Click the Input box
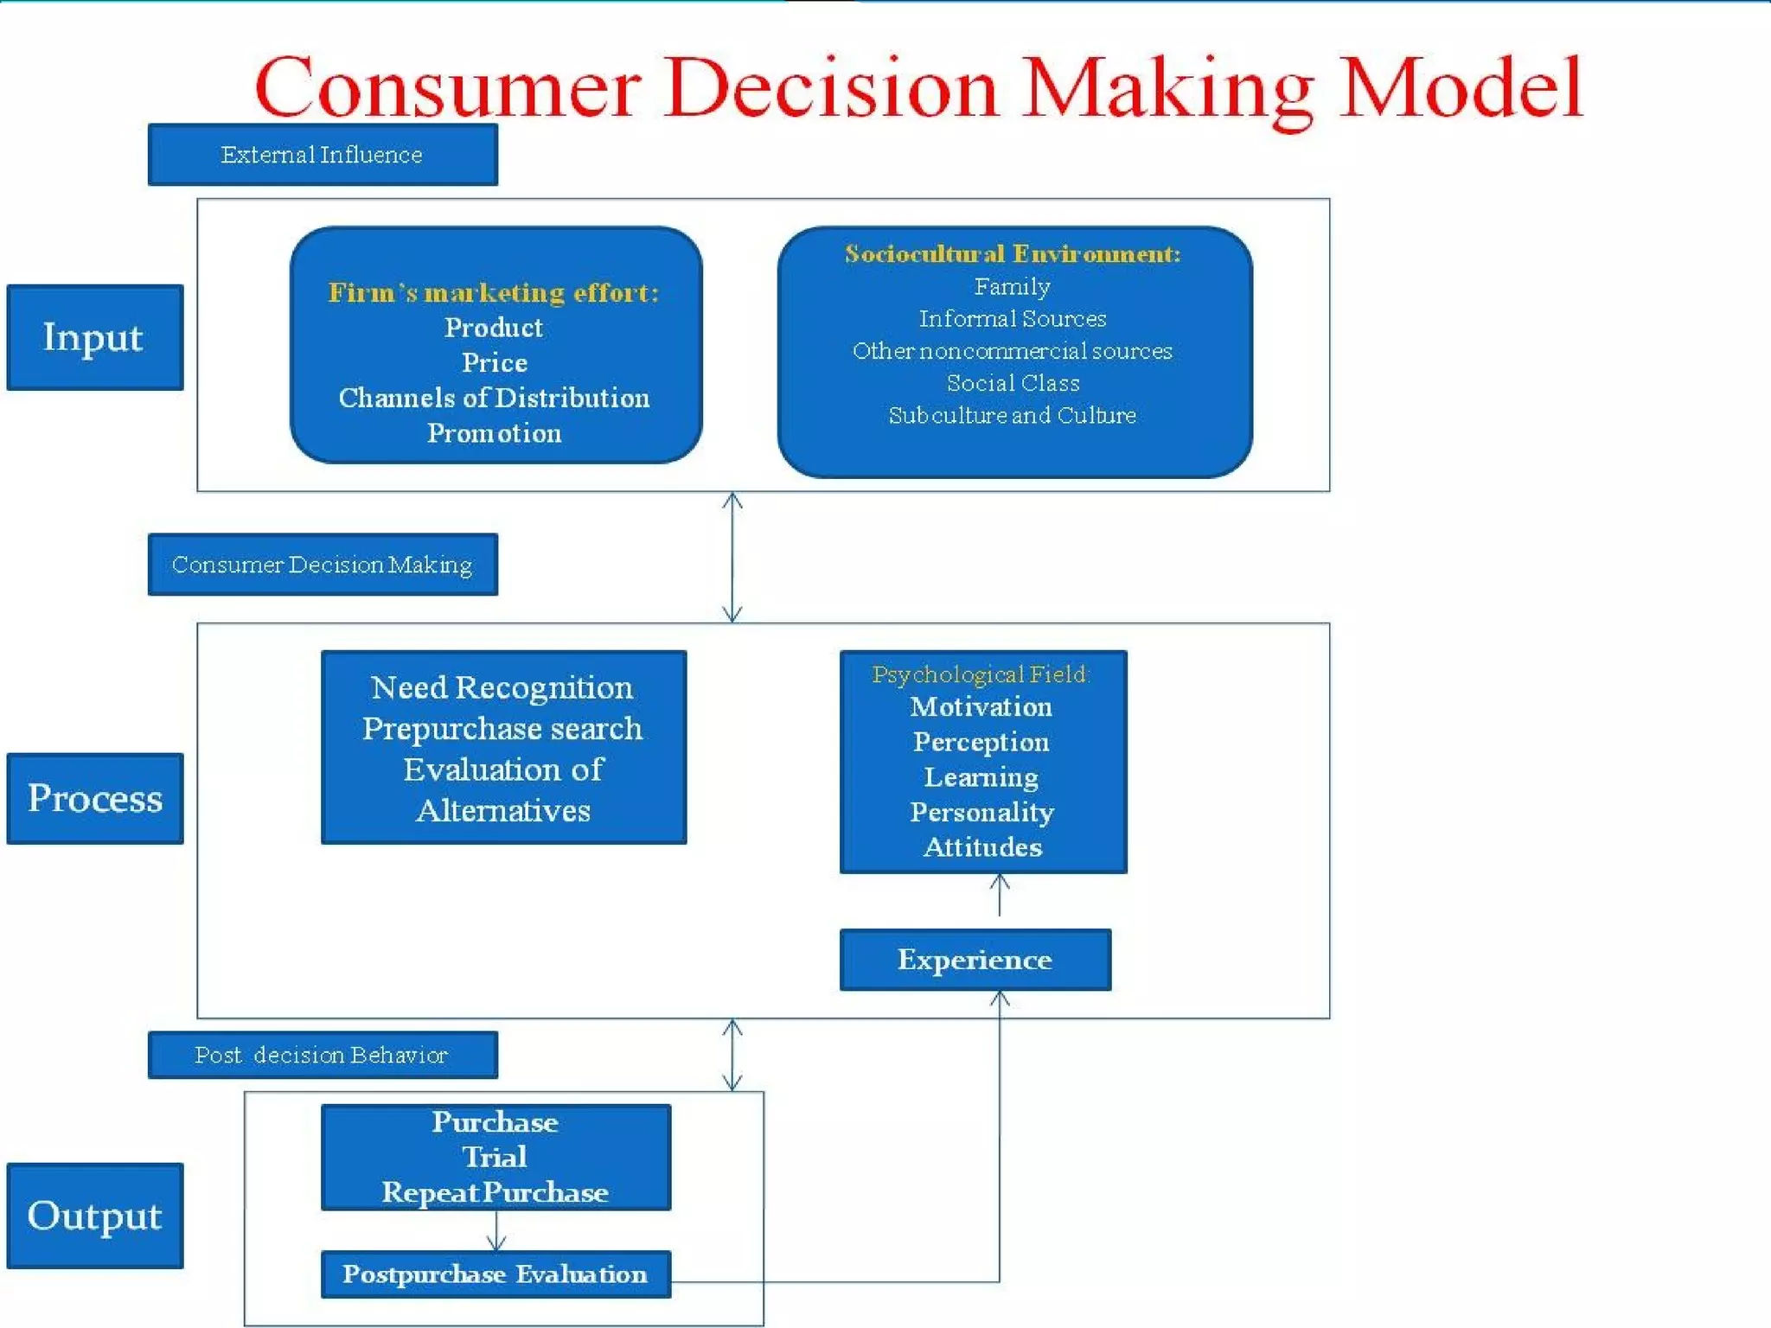click(x=94, y=337)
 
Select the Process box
click(x=94, y=798)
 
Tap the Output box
click(x=94, y=1216)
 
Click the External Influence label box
click(x=323, y=155)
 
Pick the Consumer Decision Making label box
click(x=323, y=565)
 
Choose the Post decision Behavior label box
click(x=323, y=1055)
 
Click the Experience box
click(x=975, y=960)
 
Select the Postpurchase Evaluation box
click(x=495, y=1274)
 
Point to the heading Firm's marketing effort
click(x=494, y=292)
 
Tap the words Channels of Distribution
click(x=494, y=398)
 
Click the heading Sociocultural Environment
click(x=1013, y=253)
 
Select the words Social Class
click(x=1013, y=383)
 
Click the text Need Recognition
click(x=502, y=688)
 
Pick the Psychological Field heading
click(x=981, y=674)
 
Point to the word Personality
click(x=981, y=812)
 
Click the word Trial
click(x=495, y=1157)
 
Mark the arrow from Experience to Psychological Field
click(x=1000, y=896)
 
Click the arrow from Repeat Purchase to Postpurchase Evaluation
click(x=496, y=1231)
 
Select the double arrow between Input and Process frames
click(x=732, y=558)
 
